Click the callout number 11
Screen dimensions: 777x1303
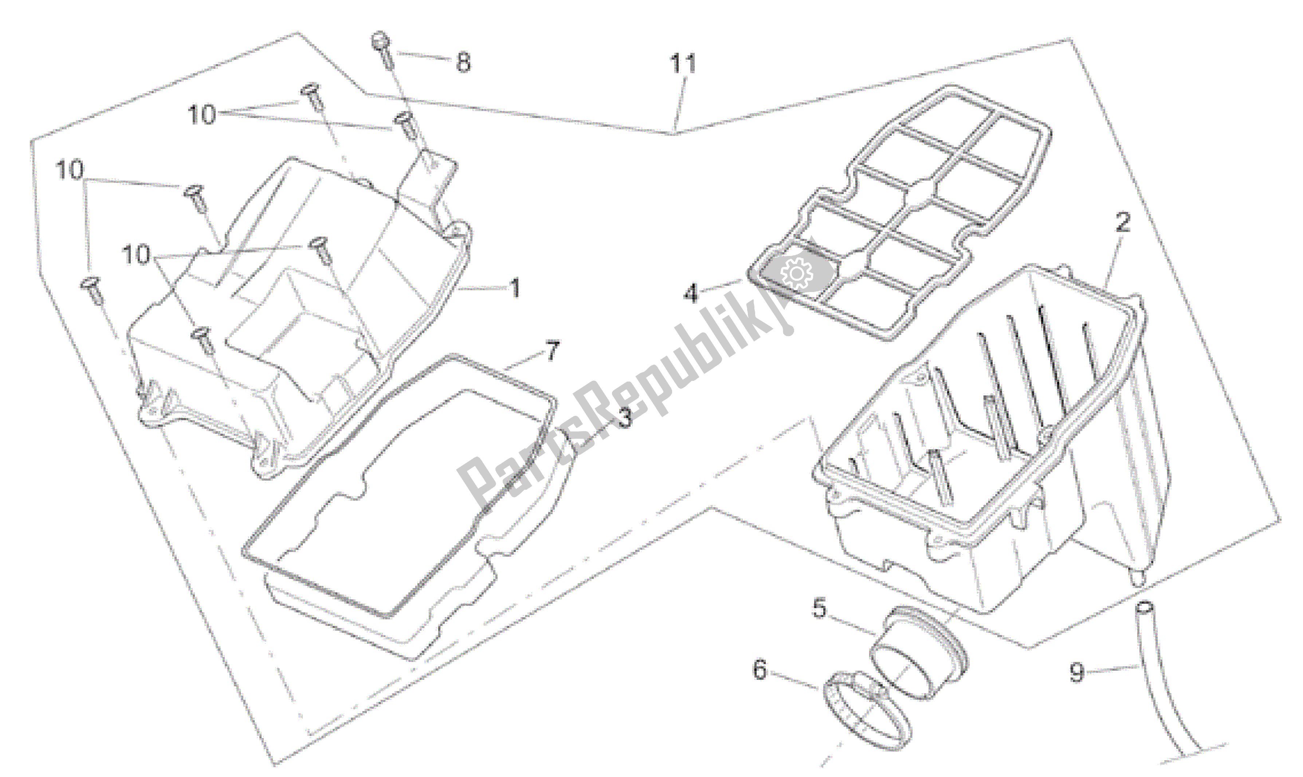tap(682, 64)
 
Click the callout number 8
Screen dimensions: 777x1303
tap(463, 62)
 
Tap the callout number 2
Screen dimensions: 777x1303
tap(1122, 222)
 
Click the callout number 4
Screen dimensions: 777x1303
tap(691, 293)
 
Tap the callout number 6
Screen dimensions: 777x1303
tap(760, 670)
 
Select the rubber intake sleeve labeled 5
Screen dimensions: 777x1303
tap(919, 655)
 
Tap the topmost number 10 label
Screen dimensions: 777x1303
tap(202, 114)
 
